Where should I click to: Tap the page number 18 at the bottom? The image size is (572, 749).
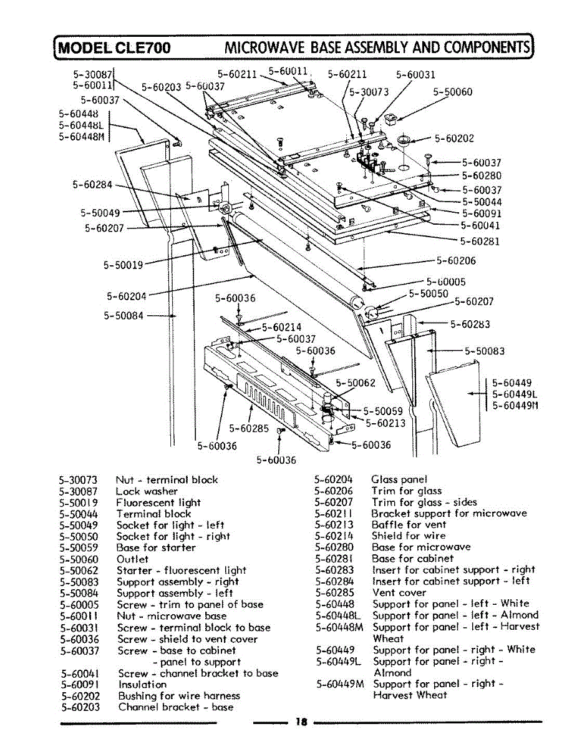[x=302, y=722]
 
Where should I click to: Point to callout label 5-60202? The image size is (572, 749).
[x=454, y=139]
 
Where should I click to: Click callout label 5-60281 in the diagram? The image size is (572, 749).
[x=480, y=241]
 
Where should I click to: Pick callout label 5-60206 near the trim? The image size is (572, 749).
[x=455, y=261]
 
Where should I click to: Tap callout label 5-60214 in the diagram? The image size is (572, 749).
[x=281, y=326]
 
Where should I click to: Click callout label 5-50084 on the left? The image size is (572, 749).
[x=124, y=315]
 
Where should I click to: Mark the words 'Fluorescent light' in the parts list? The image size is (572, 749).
[x=158, y=502]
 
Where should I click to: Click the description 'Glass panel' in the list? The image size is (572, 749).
[x=399, y=479]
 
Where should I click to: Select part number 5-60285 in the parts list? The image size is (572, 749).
[x=334, y=592]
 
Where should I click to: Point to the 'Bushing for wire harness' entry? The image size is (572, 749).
[x=178, y=695]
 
